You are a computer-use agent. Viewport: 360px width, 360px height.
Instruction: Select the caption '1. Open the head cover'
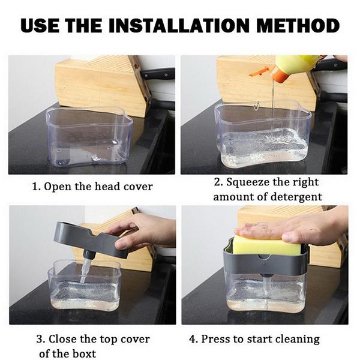92,187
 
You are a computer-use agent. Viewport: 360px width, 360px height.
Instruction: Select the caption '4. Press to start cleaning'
254,339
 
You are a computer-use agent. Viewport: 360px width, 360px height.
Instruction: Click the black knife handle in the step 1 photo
157,74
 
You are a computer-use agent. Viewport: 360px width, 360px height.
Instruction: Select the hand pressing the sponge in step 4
294,227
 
